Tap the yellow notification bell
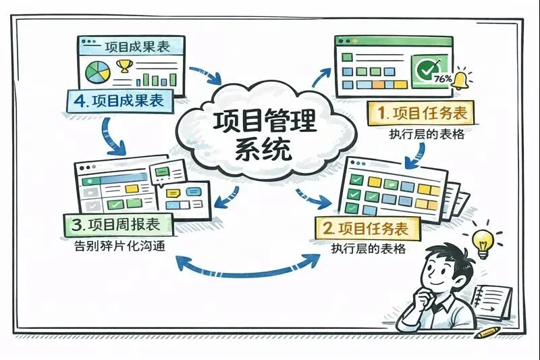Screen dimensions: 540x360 [462, 79]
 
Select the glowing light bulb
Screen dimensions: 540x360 [483, 242]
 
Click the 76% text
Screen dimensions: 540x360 [443, 78]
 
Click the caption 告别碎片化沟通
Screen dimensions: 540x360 [121, 245]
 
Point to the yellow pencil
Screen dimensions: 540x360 [490, 332]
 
